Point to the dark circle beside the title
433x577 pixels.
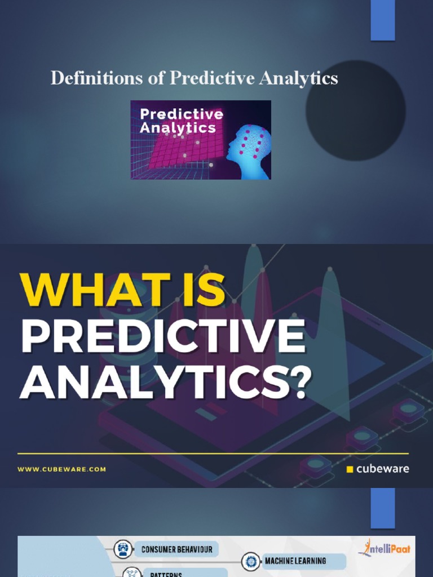click(x=355, y=110)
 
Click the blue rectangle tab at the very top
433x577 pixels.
click(x=382, y=20)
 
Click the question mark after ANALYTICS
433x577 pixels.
click(x=295, y=383)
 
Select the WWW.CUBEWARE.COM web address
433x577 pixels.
click(x=61, y=469)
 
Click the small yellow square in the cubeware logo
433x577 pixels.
click(x=350, y=469)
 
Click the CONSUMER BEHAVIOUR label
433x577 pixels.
click(x=176, y=549)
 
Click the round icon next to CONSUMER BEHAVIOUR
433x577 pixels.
click(x=123, y=549)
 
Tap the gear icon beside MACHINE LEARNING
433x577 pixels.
click(x=251, y=562)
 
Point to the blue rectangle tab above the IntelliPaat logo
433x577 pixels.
click(x=382, y=508)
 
